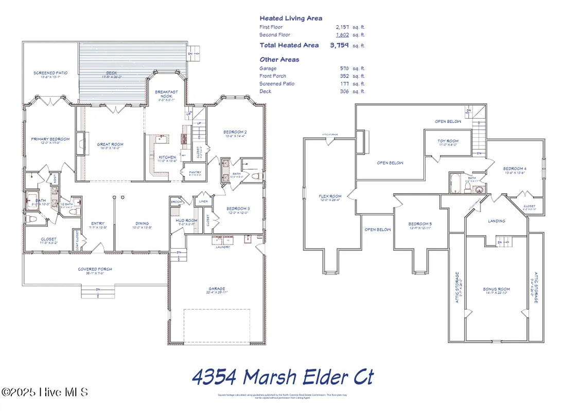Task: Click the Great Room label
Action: (x=110, y=144)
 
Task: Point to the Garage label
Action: (x=217, y=289)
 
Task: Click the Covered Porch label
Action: (x=95, y=269)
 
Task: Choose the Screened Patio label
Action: (x=50, y=73)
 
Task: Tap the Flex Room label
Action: (x=330, y=196)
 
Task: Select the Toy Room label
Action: (x=448, y=141)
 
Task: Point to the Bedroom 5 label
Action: (x=420, y=224)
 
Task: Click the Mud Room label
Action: (x=183, y=220)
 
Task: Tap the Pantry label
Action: (x=195, y=173)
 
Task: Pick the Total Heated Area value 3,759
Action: (x=339, y=45)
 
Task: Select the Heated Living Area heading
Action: (x=291, y=18)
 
